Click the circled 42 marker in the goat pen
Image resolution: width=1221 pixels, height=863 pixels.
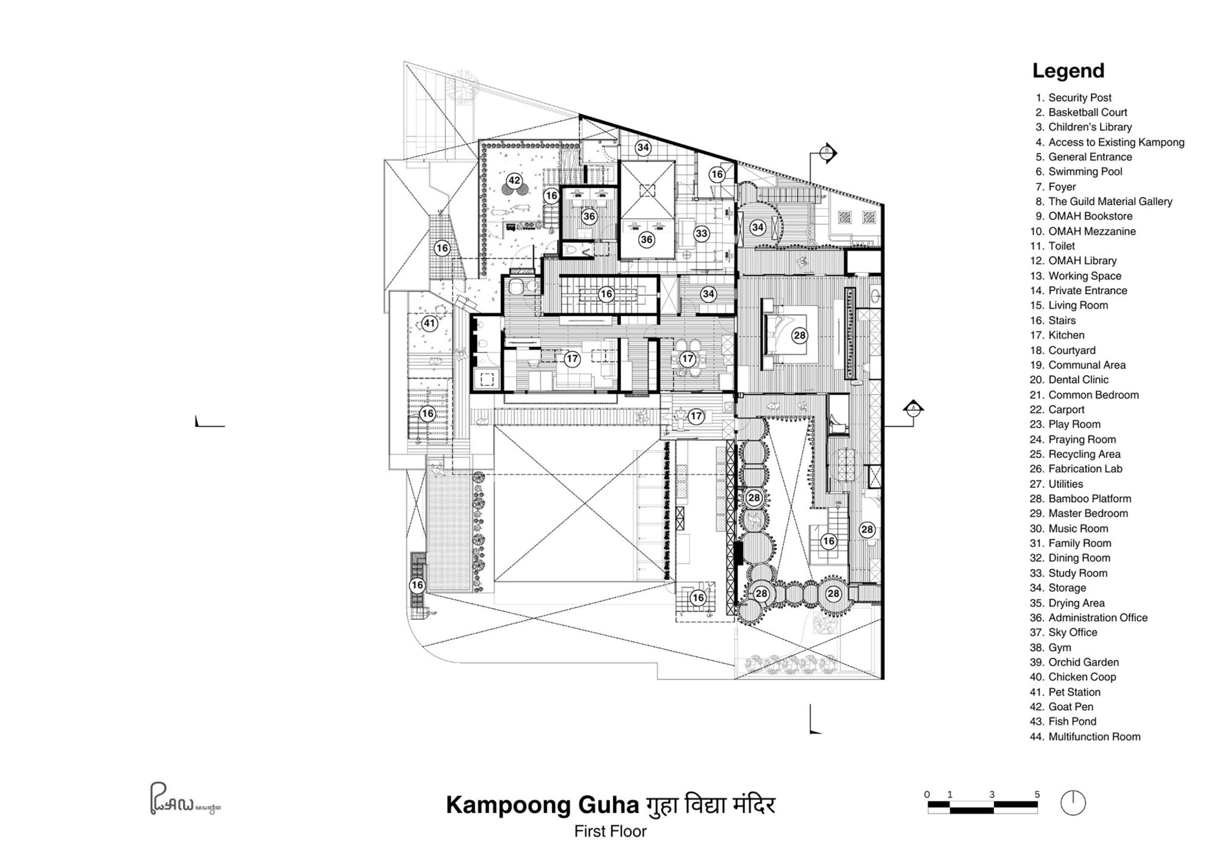514,180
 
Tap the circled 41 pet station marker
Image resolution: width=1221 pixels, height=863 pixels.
429,323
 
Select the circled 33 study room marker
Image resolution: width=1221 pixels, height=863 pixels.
701,234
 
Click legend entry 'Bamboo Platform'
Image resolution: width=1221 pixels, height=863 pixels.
1089,499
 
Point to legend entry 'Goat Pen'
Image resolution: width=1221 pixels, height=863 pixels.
1070,707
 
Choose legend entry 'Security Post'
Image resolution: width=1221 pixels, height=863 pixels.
1079,98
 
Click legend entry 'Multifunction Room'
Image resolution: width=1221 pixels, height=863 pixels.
1094,737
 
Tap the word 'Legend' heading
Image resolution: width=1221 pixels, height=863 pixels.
1068,71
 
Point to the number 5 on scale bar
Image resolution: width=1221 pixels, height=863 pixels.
1036,794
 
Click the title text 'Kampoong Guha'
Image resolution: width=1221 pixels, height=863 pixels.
541,806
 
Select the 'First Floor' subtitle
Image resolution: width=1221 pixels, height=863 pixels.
610,832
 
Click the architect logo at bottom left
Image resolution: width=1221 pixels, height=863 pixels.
184,799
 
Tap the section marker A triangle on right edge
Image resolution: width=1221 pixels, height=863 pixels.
913,408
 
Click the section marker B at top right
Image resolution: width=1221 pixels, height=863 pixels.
828,153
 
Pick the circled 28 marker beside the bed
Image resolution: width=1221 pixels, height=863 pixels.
799,335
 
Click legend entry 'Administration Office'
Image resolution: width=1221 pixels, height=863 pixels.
1097,618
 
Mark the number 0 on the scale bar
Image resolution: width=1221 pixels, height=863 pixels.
927,794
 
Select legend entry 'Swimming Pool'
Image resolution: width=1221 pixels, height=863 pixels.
1085,172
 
